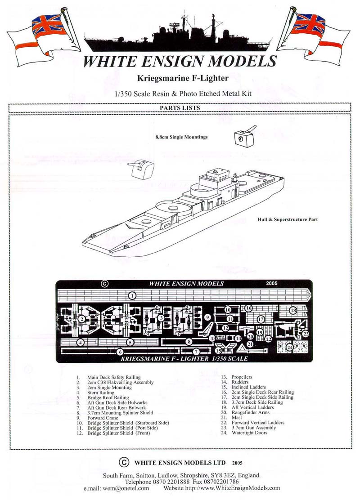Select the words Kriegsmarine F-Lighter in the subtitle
183,78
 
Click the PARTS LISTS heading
180,108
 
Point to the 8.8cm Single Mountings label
182,137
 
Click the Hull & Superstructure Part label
288,219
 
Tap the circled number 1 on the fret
132,296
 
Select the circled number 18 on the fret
293,310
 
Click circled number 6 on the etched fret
120,352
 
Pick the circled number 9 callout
207,317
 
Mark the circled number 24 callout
289,347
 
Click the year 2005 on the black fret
272,283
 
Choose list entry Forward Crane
103,418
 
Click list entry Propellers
242,377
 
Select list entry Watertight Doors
249,433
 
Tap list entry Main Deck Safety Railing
113,377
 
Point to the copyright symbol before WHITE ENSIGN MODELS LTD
124,462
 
